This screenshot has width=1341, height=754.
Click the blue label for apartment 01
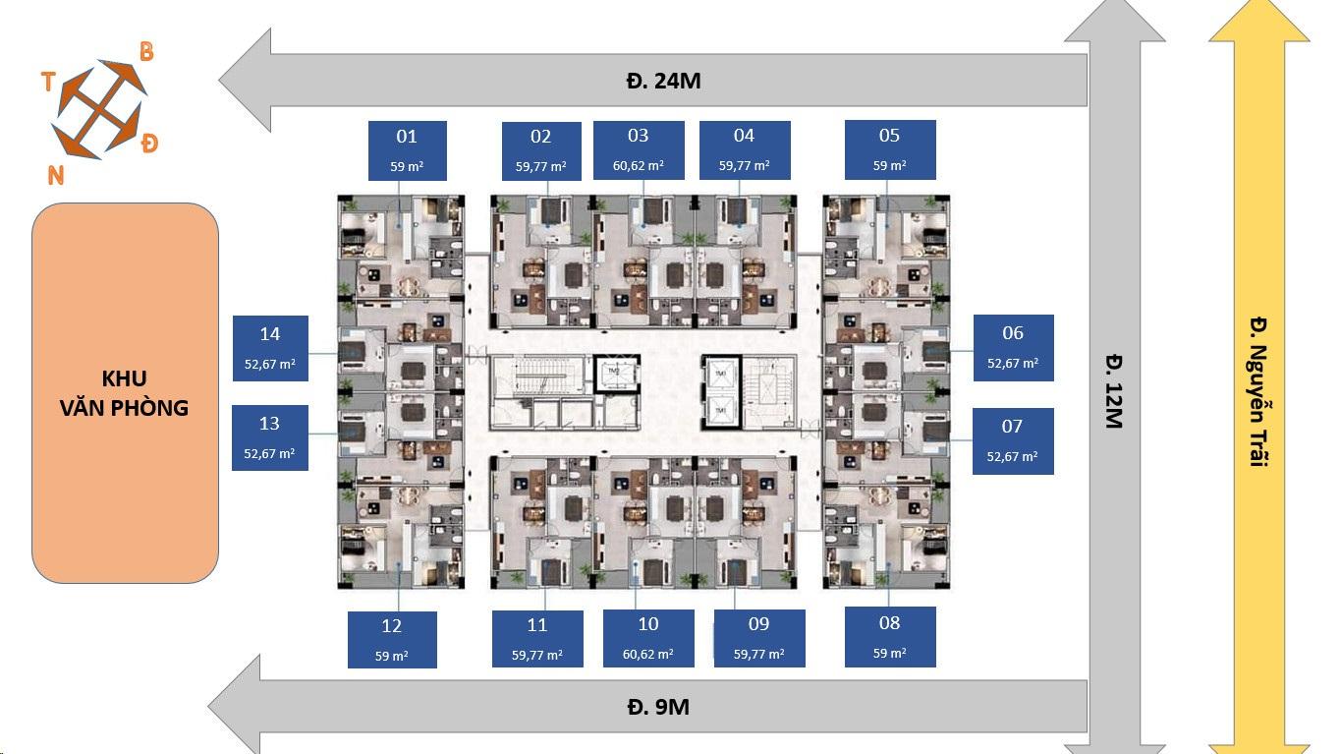[x=407, y=150]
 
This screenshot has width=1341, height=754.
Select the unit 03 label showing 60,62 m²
[x=638, y=149]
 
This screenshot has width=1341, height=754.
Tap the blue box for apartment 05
[x=889, y=149]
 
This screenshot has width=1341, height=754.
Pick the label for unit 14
[x=270, y=348]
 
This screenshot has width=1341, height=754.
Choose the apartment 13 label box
[x=270, y=437]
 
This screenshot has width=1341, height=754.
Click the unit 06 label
[x=1013, y=347]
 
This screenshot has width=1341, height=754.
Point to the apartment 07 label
[x=1013, y=440]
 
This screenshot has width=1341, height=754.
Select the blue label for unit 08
[x=889, y=636]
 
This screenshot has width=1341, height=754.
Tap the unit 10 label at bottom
[x=648, y=638]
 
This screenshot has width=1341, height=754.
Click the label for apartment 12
[x=392, y=639]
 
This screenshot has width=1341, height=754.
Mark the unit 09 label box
[x=758, y=638]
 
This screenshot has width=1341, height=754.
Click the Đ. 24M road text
[x=662, y=81]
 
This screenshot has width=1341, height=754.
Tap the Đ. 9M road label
[x=657, y=707]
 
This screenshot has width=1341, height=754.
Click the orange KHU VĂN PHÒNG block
[x=125, y=392]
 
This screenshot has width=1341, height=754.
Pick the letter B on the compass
[x=146, y=52]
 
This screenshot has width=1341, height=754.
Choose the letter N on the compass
[x=56, y=175]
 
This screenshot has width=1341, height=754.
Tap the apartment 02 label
[x=540, y=150]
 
